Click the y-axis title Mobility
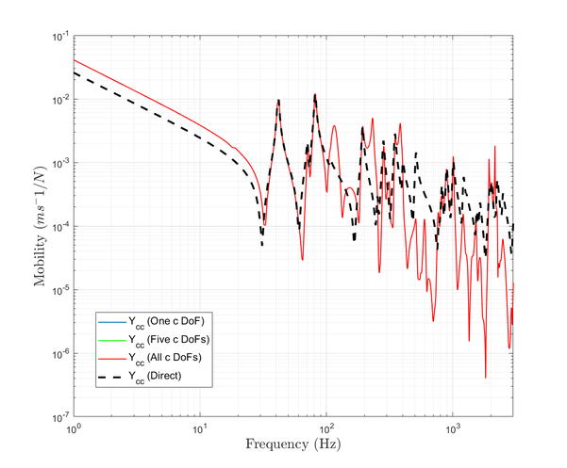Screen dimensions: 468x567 pyautogui.click(x=38, y=227)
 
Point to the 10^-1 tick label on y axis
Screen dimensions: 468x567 pyautogui.click(x=58, y=37)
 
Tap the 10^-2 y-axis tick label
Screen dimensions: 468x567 pyautogui.click(x=58, y=100)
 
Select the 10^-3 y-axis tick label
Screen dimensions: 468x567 pyautogui.click(x=58, y=163)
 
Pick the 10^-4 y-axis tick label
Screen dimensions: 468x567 pyautogui.click(x=58, y=226)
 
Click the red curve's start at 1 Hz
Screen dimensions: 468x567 pyautogui.click(x=75, y=60)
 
